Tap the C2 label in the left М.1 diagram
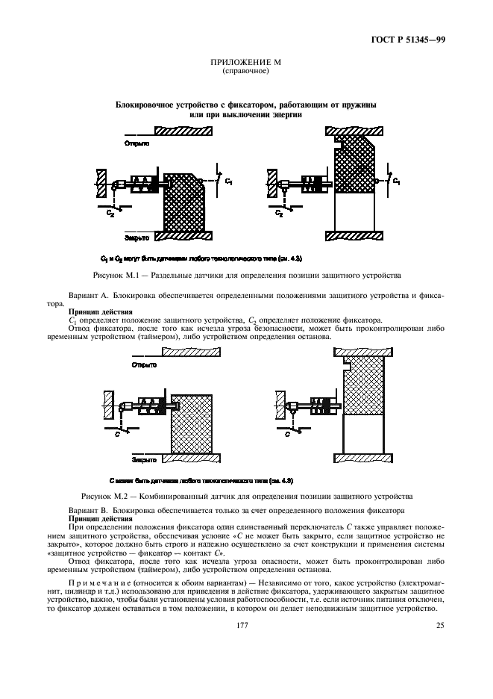click(110, 212)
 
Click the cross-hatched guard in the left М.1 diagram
click(183, 203)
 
